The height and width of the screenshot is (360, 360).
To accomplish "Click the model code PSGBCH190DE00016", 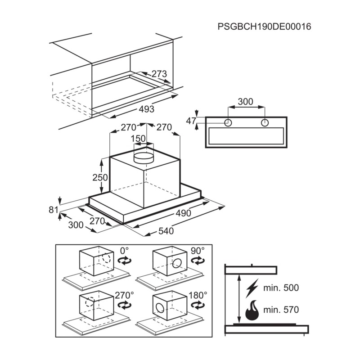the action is (264, 27).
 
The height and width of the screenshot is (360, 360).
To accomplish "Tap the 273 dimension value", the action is (159, 74).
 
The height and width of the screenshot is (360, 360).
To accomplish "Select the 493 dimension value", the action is (147, 109).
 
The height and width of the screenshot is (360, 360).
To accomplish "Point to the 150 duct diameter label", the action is (138, 139).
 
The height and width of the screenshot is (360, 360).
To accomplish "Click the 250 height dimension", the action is (100, 177).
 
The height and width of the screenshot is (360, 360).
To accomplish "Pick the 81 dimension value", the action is (54, 210).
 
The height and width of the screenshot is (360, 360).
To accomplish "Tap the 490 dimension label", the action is (183, 213).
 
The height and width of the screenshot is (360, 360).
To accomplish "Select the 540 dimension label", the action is (166, 231).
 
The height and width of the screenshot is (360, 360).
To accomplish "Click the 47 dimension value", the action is (191, 121).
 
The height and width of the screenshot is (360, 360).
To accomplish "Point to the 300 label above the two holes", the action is (245, 102).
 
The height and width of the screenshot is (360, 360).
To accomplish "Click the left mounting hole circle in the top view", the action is (228, 123).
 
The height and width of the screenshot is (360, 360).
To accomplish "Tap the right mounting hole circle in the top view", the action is (265, 123).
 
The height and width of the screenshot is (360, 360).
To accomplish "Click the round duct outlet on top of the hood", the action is (144, 158).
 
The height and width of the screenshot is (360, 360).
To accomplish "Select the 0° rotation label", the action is (124, 251).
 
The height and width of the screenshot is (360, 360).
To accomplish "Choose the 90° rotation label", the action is (198, 251).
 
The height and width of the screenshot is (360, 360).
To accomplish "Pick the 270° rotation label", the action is (124, 295).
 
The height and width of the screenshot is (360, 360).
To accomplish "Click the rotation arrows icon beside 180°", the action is (198, 305).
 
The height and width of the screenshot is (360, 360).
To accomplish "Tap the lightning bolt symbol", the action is (252, 288).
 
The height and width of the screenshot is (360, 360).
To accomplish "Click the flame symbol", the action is (252, 310).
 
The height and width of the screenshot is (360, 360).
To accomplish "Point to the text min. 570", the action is (281, 310).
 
